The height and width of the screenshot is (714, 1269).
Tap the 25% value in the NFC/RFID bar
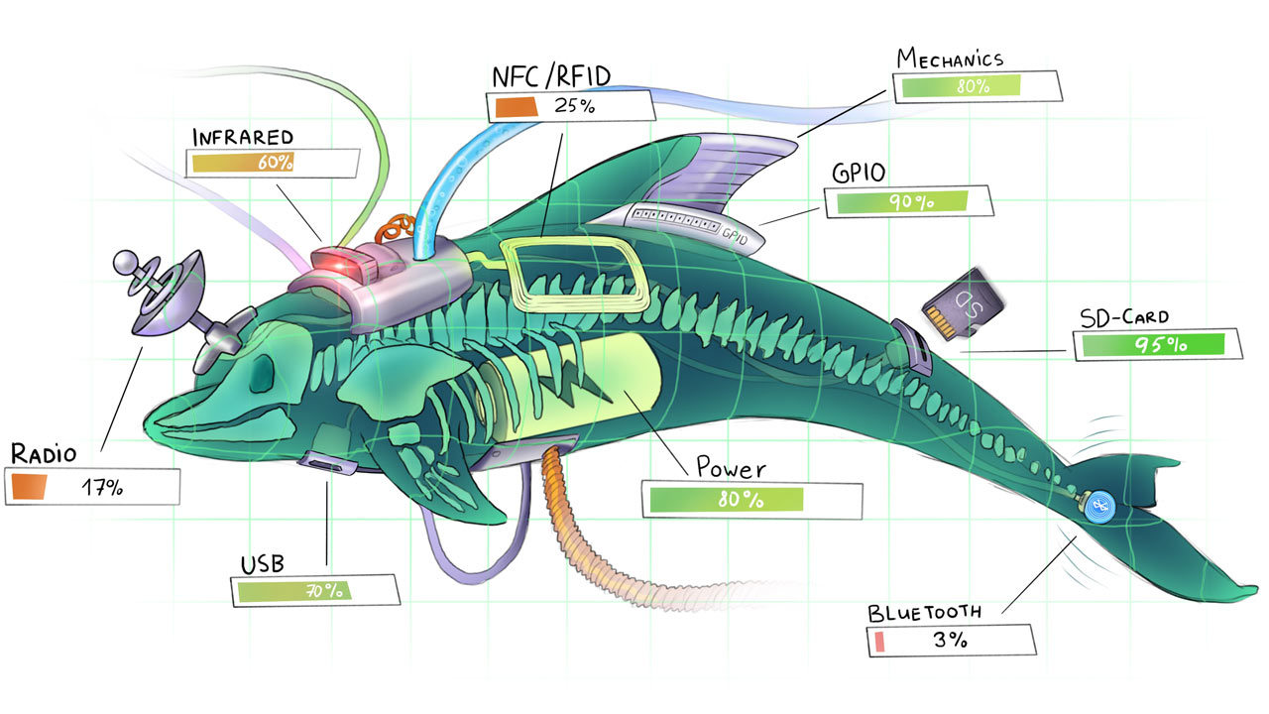(574, 105)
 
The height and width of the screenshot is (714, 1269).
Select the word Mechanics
(950, 59)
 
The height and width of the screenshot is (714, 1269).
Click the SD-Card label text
(1123, 318)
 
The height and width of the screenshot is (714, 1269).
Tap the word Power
(731, 466)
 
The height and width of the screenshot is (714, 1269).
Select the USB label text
(262, 565)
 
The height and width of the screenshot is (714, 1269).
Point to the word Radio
(44, 455)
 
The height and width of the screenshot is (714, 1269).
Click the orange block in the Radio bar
(32, 487)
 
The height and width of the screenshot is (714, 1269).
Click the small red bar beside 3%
(878, 642)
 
